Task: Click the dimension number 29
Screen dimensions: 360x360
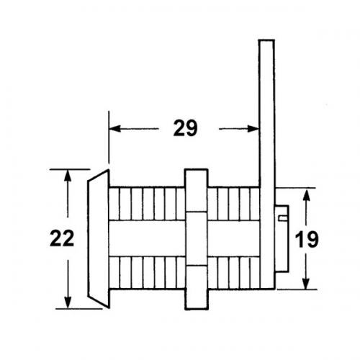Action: tap(185, 128)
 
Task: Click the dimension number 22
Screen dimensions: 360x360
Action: tap(62, 238)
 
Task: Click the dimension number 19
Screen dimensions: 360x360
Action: tap(307, 239)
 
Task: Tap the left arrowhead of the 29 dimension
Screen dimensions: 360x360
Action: tap(114, 129)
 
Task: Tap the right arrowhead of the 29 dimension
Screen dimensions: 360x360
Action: tap(253, 129)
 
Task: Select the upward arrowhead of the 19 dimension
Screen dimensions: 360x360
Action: tap(306, 195)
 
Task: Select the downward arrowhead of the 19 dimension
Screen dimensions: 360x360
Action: tap(306, 282)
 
